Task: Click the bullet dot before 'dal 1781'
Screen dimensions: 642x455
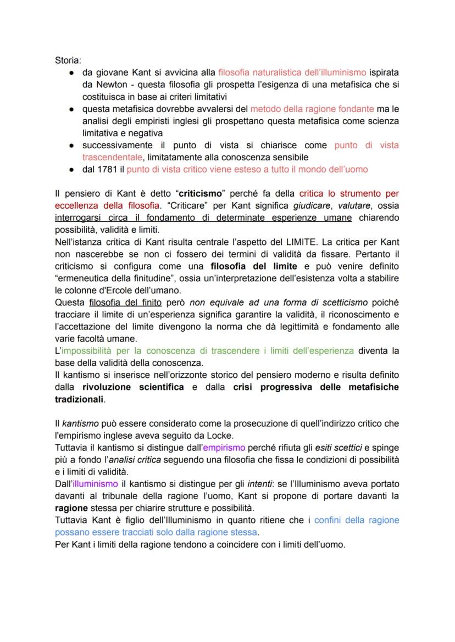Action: (x=71, y=169)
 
